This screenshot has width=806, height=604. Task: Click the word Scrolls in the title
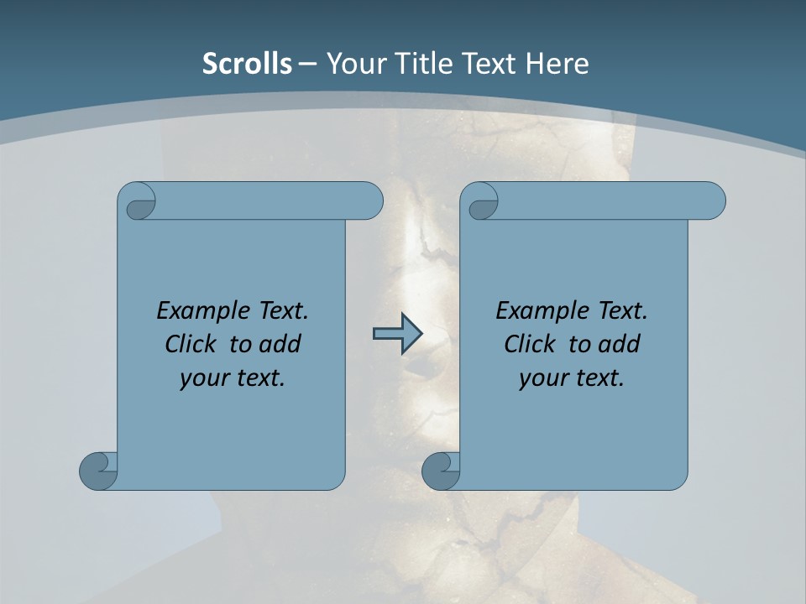coord(247,64)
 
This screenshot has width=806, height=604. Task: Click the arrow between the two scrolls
coord(396,334)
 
